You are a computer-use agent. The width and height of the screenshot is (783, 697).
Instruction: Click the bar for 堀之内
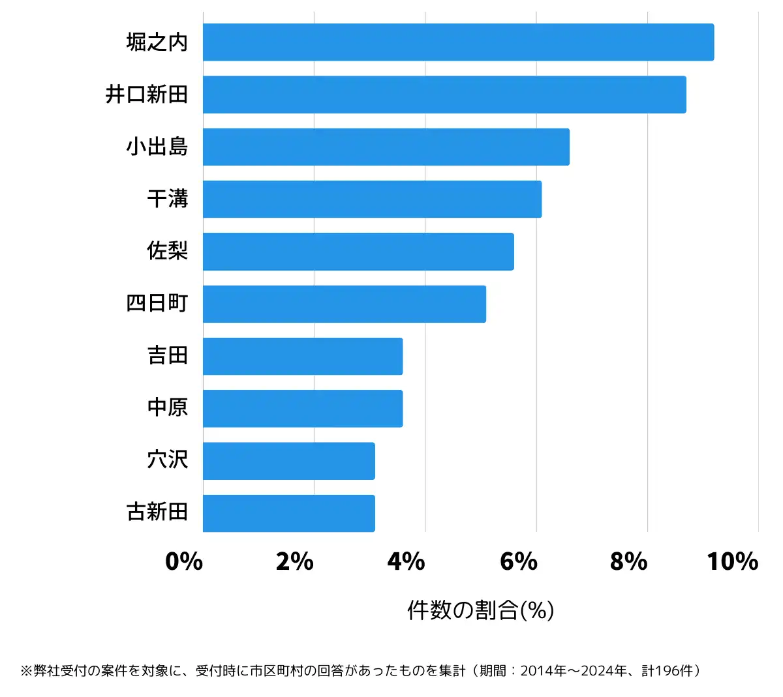[x=458, y=42]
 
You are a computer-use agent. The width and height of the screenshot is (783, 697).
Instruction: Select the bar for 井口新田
[x=444, y=95]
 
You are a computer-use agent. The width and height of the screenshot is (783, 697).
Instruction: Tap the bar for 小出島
[x=386, y=147]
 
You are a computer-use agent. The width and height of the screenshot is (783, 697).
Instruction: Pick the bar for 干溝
[x=372, y=199]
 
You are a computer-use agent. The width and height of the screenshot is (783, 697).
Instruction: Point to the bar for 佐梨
[x=358, y=252]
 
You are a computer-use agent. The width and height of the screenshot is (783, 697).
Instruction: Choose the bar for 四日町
[x=344, y=304]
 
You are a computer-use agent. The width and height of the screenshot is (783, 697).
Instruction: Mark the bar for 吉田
[x=303, y=356]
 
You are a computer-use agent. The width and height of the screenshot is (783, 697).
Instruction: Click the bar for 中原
[x=303, y=409]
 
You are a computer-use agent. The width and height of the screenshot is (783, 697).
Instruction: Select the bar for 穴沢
[x=288, y=461]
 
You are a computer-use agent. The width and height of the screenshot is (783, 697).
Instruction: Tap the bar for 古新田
[x=288, y=513]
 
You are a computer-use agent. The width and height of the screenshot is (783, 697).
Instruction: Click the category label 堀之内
[x=157, y=42]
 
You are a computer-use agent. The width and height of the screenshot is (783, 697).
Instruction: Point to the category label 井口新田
[x=147, y=95]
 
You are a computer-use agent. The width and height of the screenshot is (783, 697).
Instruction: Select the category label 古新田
[x=157, y=512]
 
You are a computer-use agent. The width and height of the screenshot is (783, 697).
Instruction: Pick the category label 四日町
[x=157, y=303]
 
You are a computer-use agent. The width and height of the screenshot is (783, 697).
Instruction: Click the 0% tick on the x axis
[x=184, y=561]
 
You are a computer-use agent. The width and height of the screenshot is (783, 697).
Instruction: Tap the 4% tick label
[x=406, y=561]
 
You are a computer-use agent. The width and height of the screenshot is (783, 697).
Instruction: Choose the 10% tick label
[x=732, y=561]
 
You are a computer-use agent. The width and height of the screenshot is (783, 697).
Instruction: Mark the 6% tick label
[x=518, y=561]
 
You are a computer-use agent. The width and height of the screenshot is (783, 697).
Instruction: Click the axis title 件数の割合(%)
[x=481, y=610]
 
